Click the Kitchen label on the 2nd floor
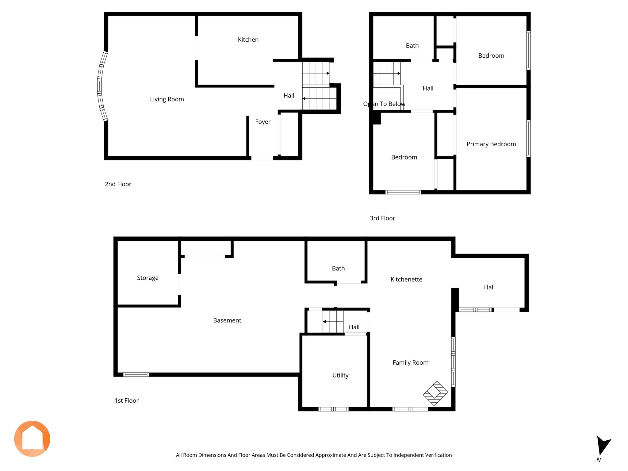[x=248, y=40]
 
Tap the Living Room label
[x=167, y=99]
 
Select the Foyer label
[x=263, y=122]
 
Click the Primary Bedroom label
[x=491, y=144]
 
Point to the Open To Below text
[x=384, y=104]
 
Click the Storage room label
[x=148, y=278]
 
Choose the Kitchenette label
[x=406, y=279]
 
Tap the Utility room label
[x=340, y=375]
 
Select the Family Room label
[x=411, y=363]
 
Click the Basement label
[x=227, y=320]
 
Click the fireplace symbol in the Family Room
[x=435, y=393]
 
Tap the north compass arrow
[x=603, y=445]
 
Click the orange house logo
[x=32, y=439]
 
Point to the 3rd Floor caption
[x=382, y=218]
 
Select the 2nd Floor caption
[x=118, y=184]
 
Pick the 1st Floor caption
[x=127, y=400]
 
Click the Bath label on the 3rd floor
[x=412, y=46]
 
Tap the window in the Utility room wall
[x=334, y=409]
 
